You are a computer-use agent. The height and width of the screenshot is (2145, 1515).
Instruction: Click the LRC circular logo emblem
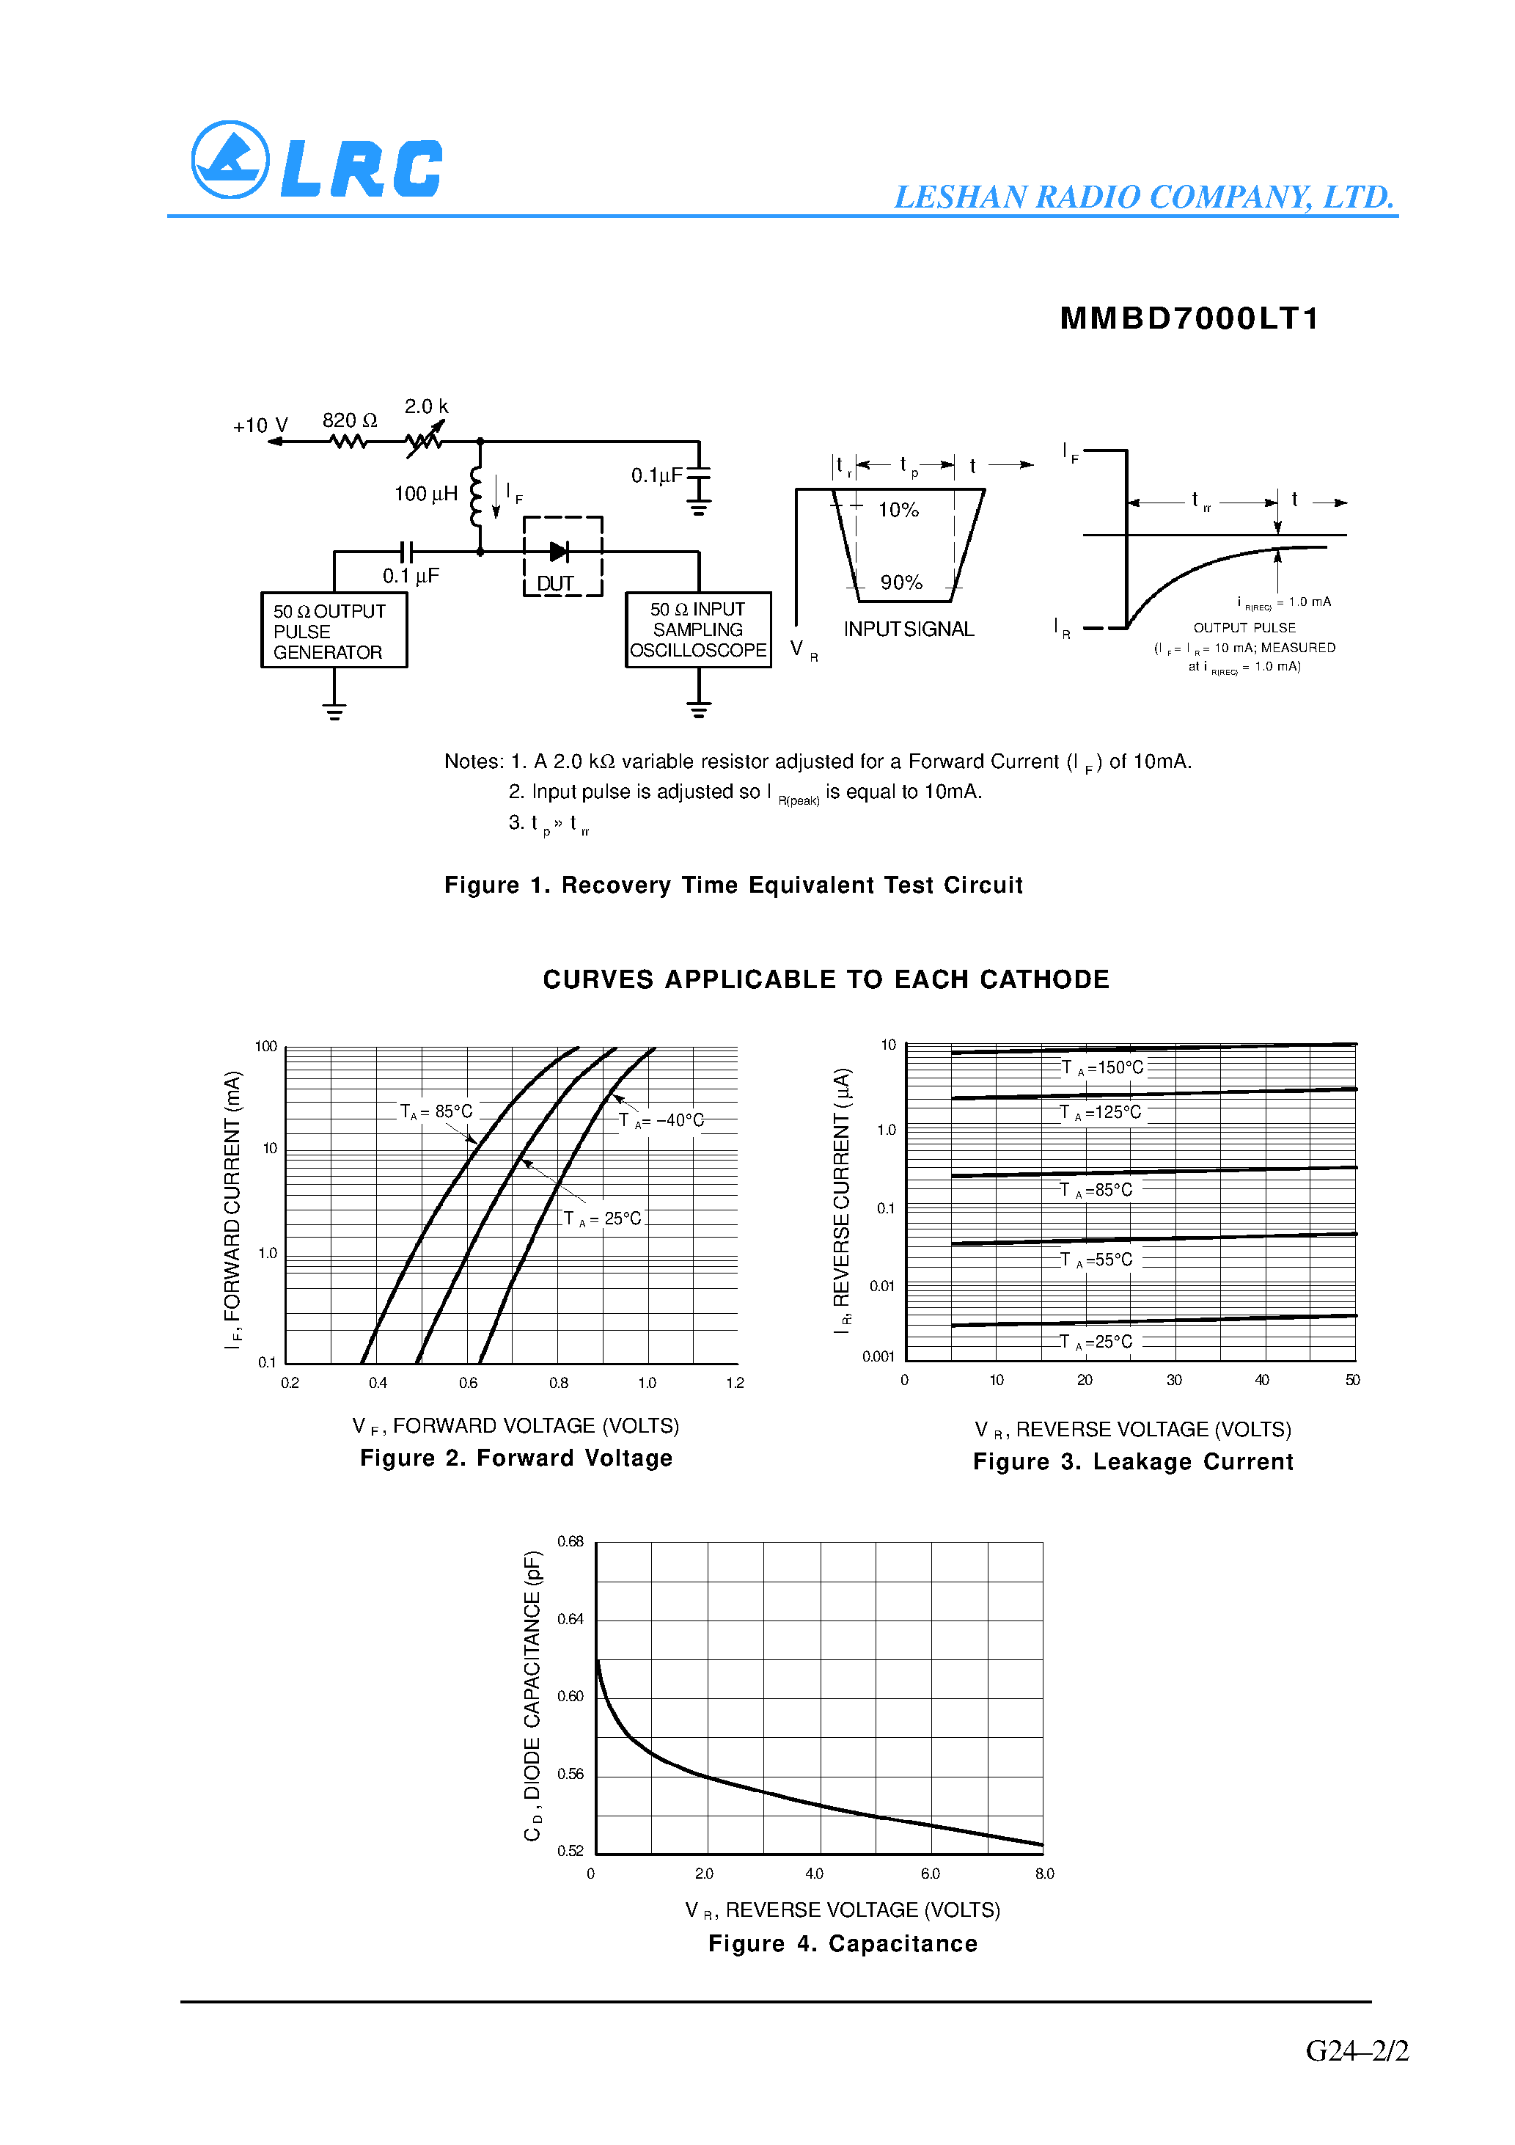click(230, 160)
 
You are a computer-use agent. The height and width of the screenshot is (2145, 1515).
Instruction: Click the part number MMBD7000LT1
click(1189, 318)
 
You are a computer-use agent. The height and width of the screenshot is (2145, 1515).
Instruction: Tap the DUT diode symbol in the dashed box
click(560, 552)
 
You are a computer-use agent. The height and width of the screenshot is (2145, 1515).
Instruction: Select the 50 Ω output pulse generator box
click(334, 631)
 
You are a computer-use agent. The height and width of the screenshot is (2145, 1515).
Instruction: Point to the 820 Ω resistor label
click(349, 420)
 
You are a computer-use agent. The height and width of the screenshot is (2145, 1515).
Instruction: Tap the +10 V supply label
click(260, 426)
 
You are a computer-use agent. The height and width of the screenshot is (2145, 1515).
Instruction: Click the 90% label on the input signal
click(900, 583)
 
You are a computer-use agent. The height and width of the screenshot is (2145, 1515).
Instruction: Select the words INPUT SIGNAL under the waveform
click(908, 629)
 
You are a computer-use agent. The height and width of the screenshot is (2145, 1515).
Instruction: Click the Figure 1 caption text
click(733, 885)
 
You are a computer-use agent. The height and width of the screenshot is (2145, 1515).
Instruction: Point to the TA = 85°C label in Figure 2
click(436, 1111)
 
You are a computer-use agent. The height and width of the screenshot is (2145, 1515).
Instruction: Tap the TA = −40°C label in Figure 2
click(661, 1120)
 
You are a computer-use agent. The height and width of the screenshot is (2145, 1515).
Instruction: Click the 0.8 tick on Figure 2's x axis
click(559, 1383)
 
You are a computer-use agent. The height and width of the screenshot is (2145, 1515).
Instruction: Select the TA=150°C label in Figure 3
click(1102, 1068)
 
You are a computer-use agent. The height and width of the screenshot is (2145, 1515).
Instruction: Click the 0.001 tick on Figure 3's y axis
click(878, 1356)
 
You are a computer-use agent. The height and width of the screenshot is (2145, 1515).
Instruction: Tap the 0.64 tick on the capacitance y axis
click(570, 1619)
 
